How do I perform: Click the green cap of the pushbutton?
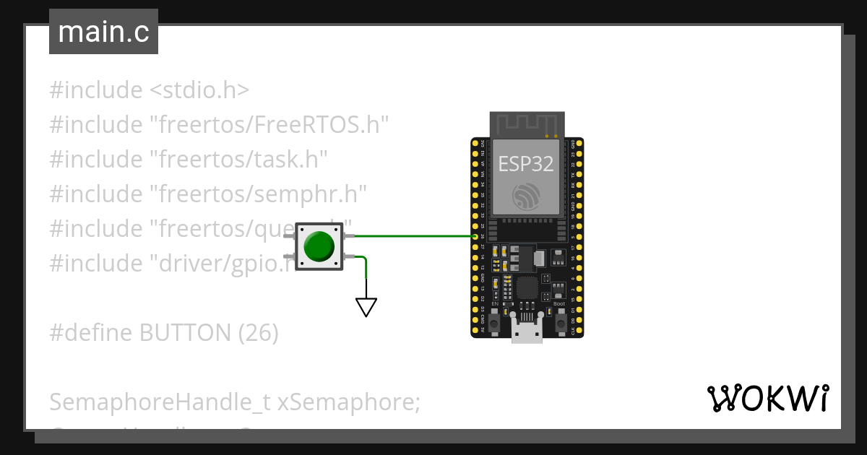coord(319,246)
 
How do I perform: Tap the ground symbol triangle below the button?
coord(366,308)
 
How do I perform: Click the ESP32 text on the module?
coord(526,164)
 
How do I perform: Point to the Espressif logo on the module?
coord(526,196)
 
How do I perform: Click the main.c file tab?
coord(103,32)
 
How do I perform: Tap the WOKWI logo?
coord(768,398)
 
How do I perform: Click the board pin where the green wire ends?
coord(475,236)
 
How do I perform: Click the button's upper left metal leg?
coord(289,236)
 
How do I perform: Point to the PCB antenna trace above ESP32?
coord(526,123)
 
